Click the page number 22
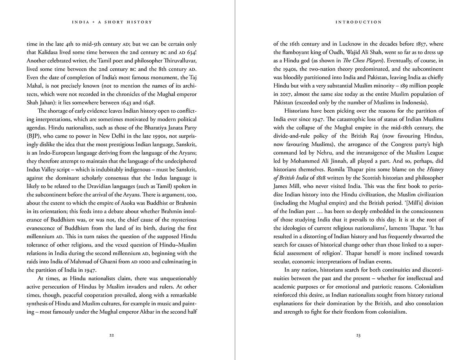click(x=112, y=335)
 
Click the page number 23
click(x=358, y=335)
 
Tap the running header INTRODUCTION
click(x=358, y=22)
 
